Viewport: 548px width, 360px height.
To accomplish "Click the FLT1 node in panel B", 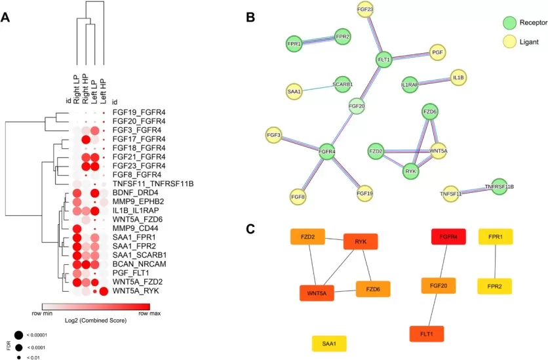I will (x=383, y=60).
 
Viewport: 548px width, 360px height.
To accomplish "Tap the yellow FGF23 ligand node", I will (x=365, y=9).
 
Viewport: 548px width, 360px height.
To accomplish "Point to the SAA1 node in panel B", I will (x=294, y=92).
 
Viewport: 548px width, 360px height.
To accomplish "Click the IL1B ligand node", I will (x=458, y=77).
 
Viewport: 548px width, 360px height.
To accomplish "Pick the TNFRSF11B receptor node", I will (x=499, y=186).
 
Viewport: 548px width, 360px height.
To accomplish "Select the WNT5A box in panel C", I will (x=317, y=293).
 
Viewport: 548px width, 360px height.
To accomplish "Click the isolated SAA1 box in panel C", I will (x=329, y=343).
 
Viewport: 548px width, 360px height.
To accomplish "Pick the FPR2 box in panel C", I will (x=495, y=287).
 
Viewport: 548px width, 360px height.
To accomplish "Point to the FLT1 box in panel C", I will (x=427, y=334).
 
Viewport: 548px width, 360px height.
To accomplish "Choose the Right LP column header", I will (x=77, y=83).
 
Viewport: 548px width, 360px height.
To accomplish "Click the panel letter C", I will (x=250, y=229).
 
